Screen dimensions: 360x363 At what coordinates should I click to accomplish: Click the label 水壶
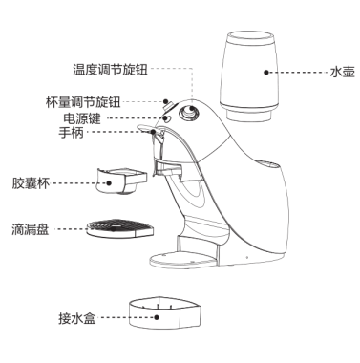click(x=343, y=72)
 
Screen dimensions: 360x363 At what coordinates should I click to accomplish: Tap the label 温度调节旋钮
click(x=110, y=69)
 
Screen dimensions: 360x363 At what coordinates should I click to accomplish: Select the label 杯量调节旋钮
click(x=83, y=102)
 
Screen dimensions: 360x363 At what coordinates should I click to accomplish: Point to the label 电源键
click(x=82, y=118)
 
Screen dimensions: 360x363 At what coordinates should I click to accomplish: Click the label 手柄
click(x=71, y=132)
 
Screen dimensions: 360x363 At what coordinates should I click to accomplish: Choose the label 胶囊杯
click(x=31, y=183)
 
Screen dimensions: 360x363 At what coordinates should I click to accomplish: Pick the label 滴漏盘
click(x=31, y=229)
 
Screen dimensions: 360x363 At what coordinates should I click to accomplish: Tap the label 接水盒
click(x=77, y=318)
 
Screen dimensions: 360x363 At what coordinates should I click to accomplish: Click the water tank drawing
click(x=250, y=75)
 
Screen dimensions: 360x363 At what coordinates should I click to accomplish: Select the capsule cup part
click(x=121, y=181)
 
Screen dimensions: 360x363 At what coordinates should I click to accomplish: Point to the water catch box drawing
click(x=164, y=313)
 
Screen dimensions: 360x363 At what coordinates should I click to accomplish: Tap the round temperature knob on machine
click(x=189, y=113)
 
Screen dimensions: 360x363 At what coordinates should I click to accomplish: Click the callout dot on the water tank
click(x=266, y=73)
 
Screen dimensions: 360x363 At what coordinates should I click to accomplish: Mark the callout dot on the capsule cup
click(x=109, y=183)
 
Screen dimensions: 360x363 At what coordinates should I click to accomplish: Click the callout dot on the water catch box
click(x=157, y=317)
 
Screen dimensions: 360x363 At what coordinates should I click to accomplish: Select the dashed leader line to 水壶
click(x=298, y=73)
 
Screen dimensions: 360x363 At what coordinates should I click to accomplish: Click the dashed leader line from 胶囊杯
click(x=78, y=183)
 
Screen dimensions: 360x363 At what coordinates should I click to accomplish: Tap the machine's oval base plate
click(x=184, y=260)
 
